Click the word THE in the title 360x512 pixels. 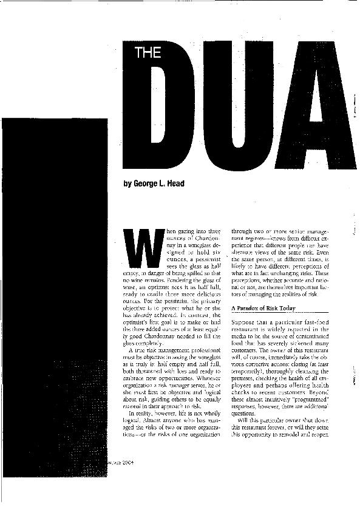click(148, 53)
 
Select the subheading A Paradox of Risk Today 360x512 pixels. click(264, 309)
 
